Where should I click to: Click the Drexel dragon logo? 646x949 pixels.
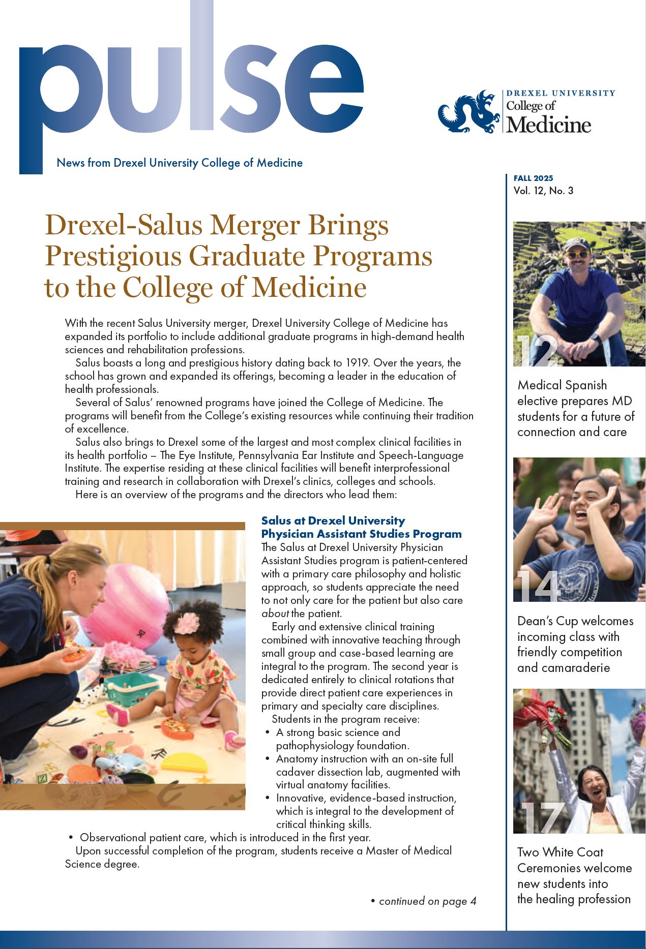coord(469,112)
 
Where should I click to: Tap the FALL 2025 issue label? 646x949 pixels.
coord(533,178)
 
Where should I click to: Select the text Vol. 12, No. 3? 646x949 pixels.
coord(543,191)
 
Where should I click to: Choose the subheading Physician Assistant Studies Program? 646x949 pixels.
coord(361,534)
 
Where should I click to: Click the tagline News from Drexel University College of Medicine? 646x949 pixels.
coord(180,163)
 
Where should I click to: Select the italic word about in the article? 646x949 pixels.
coord(275,614)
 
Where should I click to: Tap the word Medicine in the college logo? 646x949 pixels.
coord(549,125)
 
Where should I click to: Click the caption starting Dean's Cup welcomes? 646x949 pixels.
coord(575,644)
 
